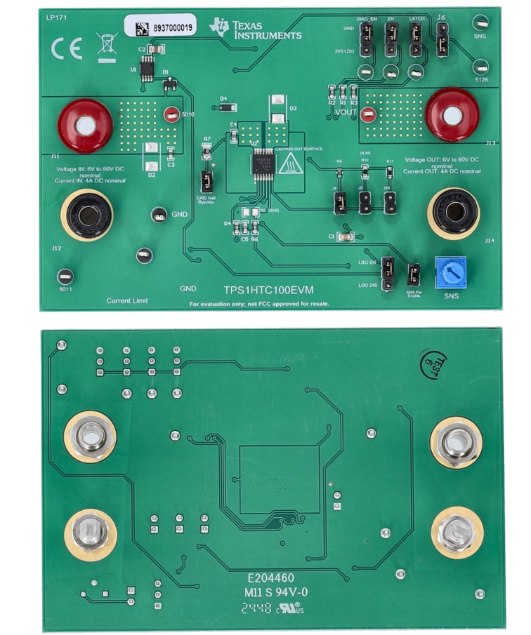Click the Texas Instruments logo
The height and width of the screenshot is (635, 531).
click(x=256, y=29)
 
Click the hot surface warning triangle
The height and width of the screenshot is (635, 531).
click(x=289, y=166)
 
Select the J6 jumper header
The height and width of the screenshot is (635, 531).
click(x=442, y=39)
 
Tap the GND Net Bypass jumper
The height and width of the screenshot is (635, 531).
click(x=206, y=181)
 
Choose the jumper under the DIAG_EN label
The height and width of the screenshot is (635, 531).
click(x=367, y=41)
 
